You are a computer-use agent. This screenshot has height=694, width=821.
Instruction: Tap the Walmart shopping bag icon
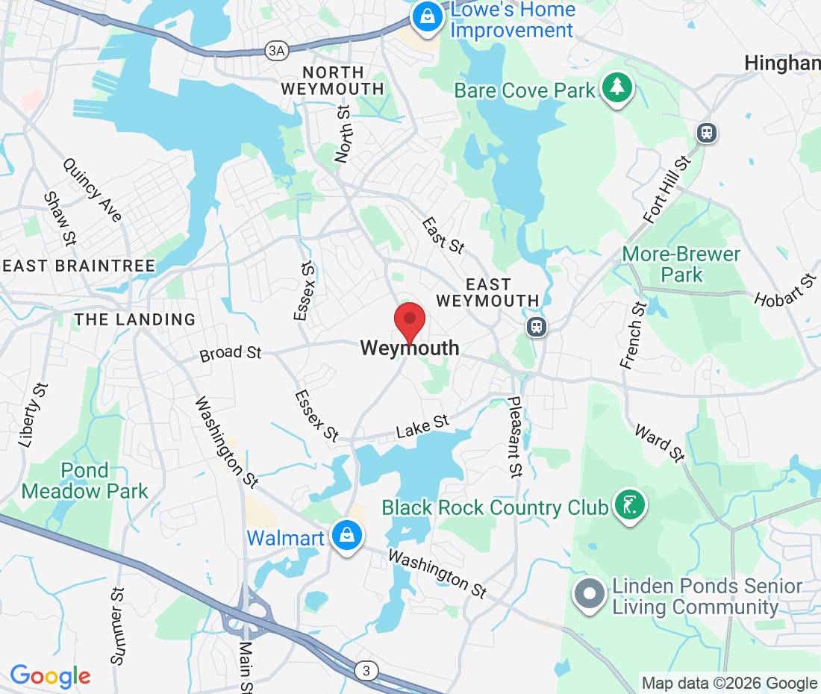pos(347,537)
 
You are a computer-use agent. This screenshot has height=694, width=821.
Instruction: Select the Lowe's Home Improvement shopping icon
pos(427,17)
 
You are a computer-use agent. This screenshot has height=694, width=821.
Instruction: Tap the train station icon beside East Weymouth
pos(536,327)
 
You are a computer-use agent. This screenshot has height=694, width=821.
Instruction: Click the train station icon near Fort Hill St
pos(706,133)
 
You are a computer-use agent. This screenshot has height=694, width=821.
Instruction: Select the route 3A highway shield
pos(275,51)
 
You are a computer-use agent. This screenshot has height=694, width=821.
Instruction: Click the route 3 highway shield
pos(365,671)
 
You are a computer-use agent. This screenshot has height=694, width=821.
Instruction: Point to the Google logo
pos(50,675)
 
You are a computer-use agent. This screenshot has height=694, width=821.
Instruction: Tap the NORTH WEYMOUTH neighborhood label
pos(333,81)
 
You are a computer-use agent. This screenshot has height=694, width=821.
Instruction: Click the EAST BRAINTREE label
pos(78,266)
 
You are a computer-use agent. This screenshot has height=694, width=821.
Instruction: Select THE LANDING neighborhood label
pos(134,319)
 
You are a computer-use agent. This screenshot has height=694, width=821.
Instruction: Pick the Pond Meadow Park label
pos(84,481)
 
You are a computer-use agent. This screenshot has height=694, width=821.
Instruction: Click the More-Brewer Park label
pos(681,264)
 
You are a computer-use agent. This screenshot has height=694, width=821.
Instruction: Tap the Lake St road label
pos(422,427)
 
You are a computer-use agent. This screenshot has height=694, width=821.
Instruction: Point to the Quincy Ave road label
pos(93,190)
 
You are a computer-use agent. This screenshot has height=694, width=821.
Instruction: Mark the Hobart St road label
pos(785,291)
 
